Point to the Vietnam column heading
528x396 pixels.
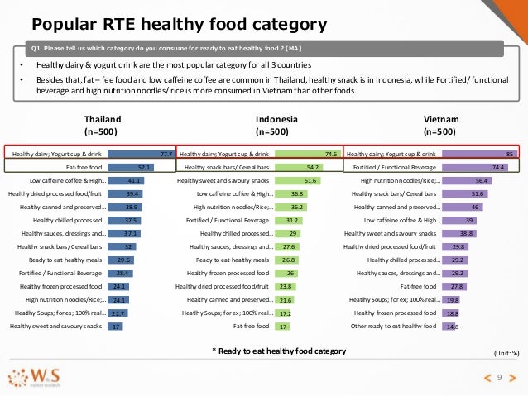(x=439, y=124)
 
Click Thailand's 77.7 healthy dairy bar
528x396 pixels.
(x=139, y=153)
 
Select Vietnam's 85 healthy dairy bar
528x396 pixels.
(x=479, y=153)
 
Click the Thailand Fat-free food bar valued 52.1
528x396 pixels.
(x=128, y=166)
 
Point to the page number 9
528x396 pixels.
(x=500, y=378)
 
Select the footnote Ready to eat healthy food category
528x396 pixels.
(x=279, y=351)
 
